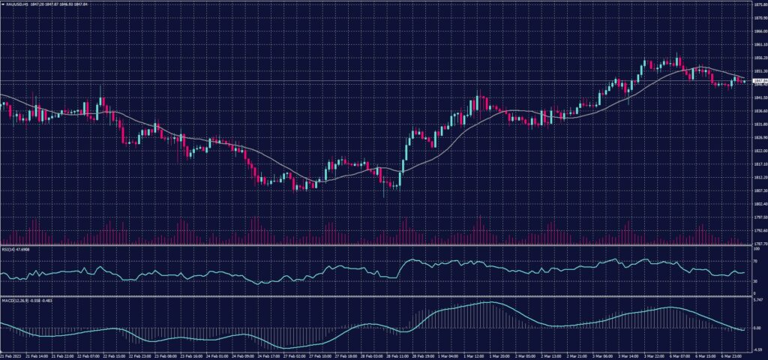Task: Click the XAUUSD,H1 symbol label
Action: tap(16, 4)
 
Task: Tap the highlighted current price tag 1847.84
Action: tap(757, 79)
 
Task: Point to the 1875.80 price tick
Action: tap(757, 4)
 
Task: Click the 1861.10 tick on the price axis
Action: tap(757, 44)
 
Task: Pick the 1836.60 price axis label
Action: tap(757, 111)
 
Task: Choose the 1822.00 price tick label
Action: tap(757, 151)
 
